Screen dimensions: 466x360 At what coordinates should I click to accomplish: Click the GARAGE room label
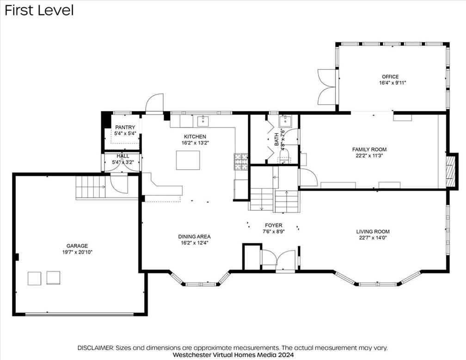(77, 246)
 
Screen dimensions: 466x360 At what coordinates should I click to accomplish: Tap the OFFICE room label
(390, 76)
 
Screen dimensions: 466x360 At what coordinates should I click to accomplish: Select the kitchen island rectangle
(188, 160)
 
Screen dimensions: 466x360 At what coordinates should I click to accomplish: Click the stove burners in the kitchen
(241, 162)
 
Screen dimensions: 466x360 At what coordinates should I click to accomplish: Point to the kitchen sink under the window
(203, 121)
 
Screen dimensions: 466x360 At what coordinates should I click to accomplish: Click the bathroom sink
(285, 121)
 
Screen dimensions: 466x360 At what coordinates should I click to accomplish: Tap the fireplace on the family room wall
(451, 171)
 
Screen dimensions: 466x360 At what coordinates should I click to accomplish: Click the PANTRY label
(125, 127)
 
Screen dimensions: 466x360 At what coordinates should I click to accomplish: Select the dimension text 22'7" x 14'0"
(373, 238)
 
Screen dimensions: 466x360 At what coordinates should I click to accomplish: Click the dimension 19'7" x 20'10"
(77, 252)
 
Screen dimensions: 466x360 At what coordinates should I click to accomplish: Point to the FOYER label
(274, 225)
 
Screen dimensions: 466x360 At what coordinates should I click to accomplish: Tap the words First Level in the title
(39, 10)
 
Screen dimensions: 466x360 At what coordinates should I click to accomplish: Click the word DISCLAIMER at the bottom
(95, 348)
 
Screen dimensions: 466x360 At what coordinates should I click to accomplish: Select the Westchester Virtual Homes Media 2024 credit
(233, 354)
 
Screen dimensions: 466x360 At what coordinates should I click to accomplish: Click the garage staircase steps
(91, 187)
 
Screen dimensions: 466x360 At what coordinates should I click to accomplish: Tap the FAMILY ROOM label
(369, 149)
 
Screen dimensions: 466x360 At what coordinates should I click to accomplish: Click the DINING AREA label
(194, 236)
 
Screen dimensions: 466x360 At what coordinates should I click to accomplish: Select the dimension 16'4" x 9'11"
(392, 83)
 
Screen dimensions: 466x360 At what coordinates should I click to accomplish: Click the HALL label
(123, 156)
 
